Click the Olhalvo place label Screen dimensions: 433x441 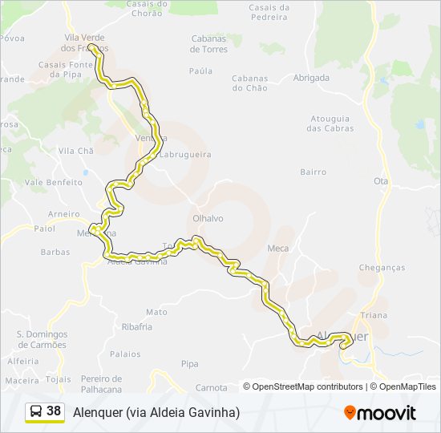[x=208, y=218]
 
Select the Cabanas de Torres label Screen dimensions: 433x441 [x=208, y=43]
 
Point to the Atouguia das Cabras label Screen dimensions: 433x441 [x=329, y=123]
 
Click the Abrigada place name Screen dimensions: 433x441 [x=311, y=78]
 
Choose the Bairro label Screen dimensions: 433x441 [x=313, y=172]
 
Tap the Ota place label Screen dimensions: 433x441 [x=381, y=181]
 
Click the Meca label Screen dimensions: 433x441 [x=277, y=249]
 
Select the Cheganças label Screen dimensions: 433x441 [x=382, y=268]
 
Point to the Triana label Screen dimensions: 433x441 [x=374, y=315]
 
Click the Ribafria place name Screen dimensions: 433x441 [x=136, y=327]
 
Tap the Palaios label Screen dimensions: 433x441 [x=125, y=354]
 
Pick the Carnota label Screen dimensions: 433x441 [x=212, y=387]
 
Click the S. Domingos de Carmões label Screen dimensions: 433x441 [x=42, y=339]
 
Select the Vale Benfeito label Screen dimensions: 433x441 [x=54, y=182]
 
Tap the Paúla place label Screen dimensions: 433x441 [x=200, y=71]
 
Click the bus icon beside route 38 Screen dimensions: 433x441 [x=36, y=411]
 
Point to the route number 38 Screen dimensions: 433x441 [x=54, y=411]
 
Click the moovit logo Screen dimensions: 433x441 [x=380, y=413]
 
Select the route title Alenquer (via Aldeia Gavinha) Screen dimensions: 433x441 [x=156, y=412]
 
